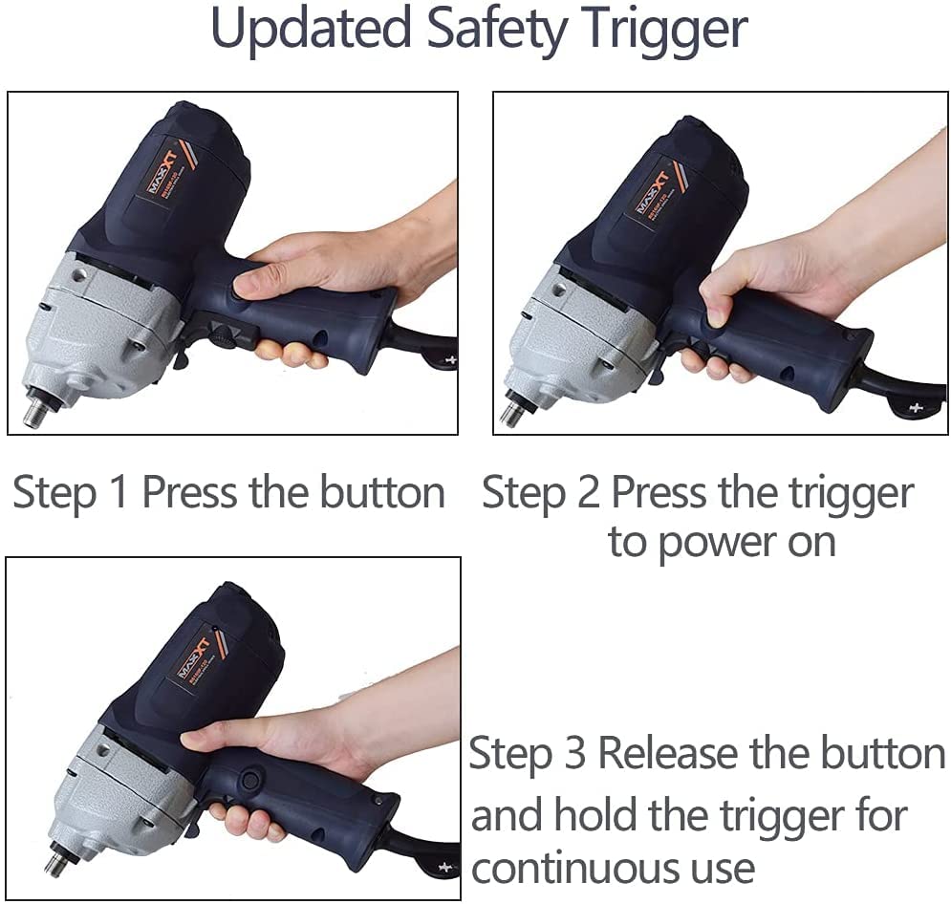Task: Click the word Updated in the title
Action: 311,30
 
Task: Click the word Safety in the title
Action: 498,30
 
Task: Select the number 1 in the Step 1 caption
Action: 119,492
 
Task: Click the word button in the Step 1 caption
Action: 382,492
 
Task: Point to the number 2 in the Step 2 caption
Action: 589,492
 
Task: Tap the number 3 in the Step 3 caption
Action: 574,753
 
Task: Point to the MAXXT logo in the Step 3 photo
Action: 193,657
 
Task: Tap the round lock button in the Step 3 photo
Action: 249,779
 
